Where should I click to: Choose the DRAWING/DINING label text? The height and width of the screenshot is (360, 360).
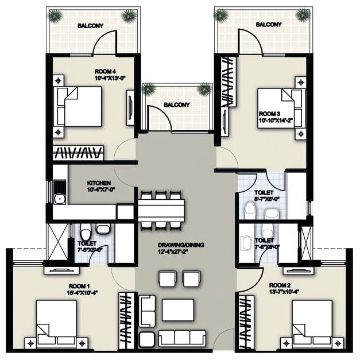tap(180, 245)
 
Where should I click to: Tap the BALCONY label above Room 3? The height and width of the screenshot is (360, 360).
tap(268, 25)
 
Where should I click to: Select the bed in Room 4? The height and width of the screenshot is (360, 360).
tap(78, 107)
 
